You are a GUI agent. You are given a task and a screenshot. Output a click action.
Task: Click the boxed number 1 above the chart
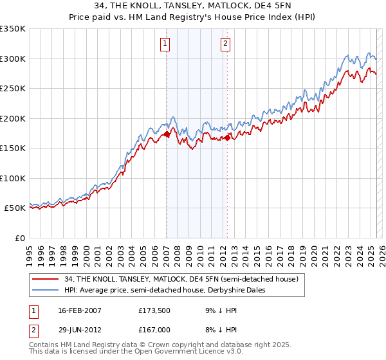tap(165, 44)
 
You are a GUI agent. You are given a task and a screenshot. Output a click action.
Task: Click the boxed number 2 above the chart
tap(226, 44)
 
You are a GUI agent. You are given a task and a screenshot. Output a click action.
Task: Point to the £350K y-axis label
tap(12, 29)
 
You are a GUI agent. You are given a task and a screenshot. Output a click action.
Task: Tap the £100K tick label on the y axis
tap(12, 178)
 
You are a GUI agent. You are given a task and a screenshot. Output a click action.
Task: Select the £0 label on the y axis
tap(19, 238)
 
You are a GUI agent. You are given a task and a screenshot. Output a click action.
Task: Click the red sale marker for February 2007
tap(167, 134)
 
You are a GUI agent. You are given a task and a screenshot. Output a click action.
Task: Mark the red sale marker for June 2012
tap(227, 137)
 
